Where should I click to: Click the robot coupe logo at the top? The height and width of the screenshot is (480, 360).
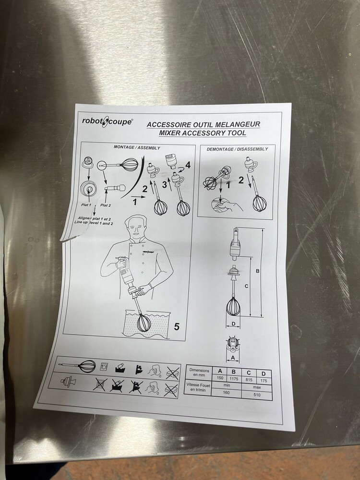[107, 121]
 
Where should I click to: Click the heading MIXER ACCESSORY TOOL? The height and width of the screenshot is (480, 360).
[203, 133]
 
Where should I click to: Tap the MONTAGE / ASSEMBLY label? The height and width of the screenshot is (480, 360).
[137, 147]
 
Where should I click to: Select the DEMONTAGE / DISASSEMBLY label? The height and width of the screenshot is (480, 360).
[237, 149]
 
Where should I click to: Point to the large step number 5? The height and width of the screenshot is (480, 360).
[177, 326]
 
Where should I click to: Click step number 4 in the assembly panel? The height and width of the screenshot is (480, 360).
[188, 165]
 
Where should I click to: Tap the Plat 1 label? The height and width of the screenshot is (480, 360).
[86, 204]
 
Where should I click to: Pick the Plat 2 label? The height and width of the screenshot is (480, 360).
[106, 205]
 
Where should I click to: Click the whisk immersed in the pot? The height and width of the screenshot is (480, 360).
[144, 323]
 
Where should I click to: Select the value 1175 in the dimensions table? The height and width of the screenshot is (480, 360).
[234, 379]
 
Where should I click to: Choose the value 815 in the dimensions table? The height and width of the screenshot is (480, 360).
[249, 380]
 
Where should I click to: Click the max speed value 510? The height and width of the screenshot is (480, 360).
[257, 395]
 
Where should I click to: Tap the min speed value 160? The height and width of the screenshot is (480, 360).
[226, 393]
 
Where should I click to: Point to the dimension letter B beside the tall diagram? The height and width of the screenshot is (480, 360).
[257, 271]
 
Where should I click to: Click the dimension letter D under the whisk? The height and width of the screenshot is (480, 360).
[233, 324]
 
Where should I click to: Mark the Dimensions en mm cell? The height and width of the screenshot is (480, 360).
[199, 372]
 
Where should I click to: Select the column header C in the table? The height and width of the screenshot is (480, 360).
[249, 372]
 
